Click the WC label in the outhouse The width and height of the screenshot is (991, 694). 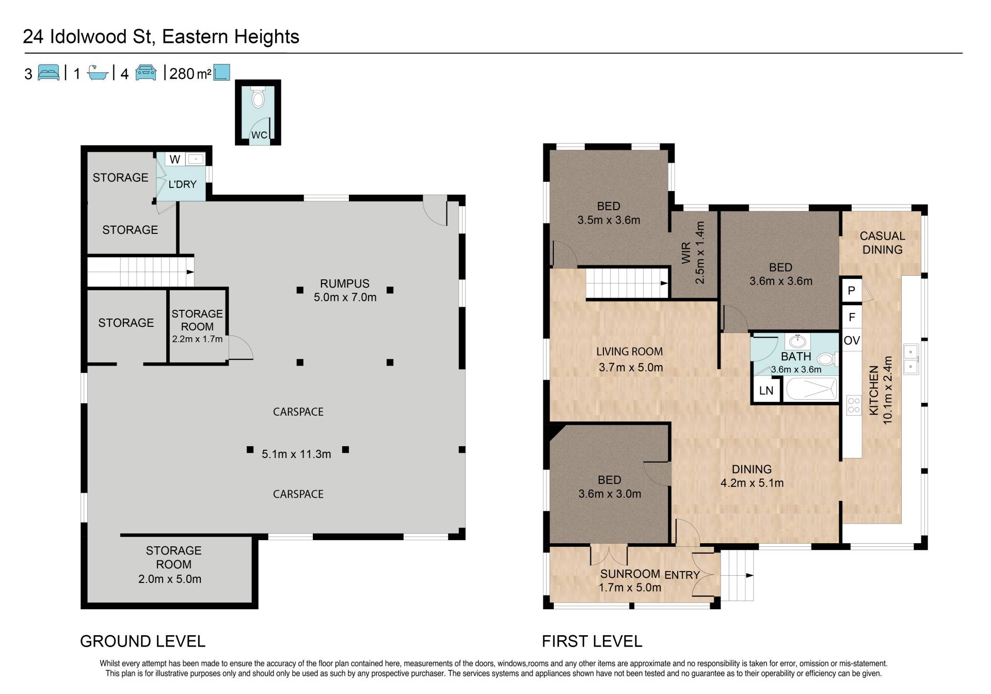[259, 135]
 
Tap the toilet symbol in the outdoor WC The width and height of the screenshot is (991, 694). [258, 98]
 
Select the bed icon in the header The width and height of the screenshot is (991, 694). [49, 73]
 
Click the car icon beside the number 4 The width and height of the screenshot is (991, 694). [146, 73]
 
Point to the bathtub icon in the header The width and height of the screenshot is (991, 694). [98, 73]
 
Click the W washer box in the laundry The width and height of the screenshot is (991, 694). [175, 159]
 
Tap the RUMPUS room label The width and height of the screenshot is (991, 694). [345, 283]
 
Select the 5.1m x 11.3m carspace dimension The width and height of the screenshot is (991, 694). [296, 454]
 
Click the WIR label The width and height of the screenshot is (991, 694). [686, 253]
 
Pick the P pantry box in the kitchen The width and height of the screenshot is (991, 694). [852, 291]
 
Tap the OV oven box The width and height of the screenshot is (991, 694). [852, 340]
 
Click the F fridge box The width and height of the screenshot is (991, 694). [852, 317]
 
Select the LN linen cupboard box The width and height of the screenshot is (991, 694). [766, 390]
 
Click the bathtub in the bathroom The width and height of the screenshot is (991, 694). [810, 389]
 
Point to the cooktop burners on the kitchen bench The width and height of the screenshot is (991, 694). [854, 405]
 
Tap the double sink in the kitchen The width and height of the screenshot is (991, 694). [910, 359]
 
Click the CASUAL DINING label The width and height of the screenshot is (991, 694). [883, 243]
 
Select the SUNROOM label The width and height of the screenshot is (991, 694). [630, 574]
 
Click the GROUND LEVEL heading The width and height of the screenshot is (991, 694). [143, 641]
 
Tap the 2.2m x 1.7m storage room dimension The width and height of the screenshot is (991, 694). [197, 339]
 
